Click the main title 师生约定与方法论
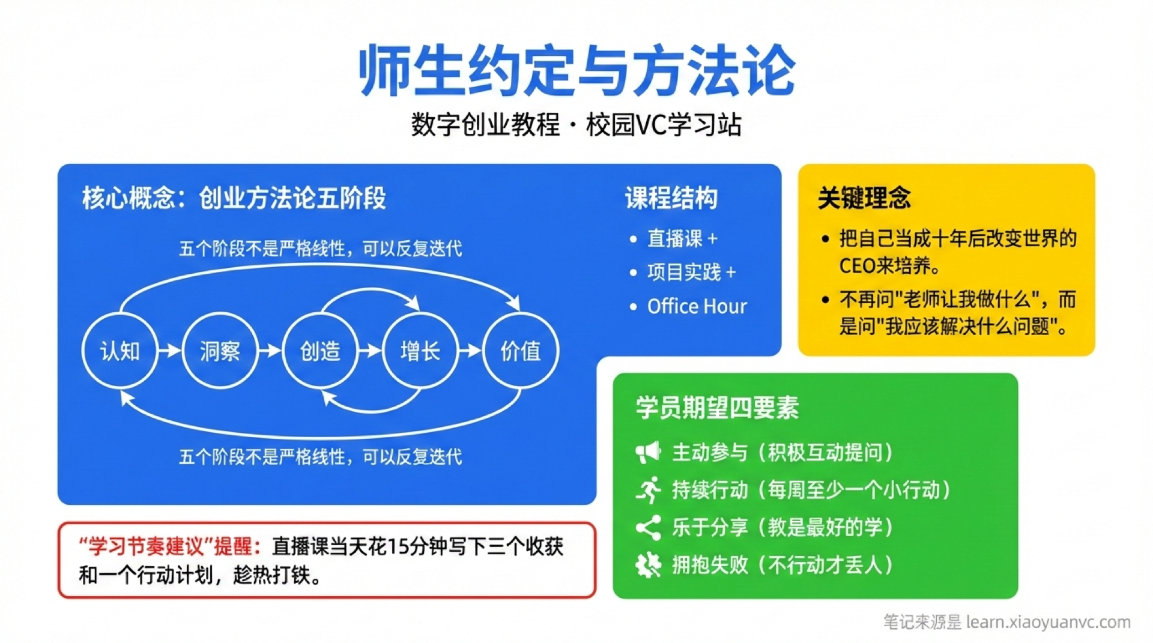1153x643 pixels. pyautogui.click(x=576, y=71)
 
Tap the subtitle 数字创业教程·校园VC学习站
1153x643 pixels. pyautogui.click(x=576, y=125)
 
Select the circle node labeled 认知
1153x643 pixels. pyautogui.click(x=120, y=351)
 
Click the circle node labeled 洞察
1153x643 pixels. pyautogui.click(x=220, y=351)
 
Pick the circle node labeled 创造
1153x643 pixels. pyautogui.click(x=320, y=351)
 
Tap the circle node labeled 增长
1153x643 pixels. pyautogui.click(x=420, y=351)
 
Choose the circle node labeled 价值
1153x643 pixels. pyautogui.click(x=521, y=351)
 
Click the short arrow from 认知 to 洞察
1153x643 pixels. pyautogui.click(x=170, y=351)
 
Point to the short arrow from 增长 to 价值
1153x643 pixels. pyautogui.click(x=471, y=351)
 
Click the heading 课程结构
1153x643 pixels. pyautogui.click(x=671, y=198)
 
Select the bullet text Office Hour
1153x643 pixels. pyautogui.click(x=697, y=306)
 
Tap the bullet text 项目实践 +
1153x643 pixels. pyautogui.click(x=691, y=273)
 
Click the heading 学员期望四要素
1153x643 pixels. pyautogui.click(x=717, y=408)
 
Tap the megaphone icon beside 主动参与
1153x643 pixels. pyautogui.click(x=648, y=452)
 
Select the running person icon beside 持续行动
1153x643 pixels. pyautogui.click(x=649, y=490)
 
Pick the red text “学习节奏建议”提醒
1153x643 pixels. pyautogui.click(x=171, y=547)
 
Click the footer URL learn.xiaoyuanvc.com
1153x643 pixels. pyautogui.click(x=1048, y=622)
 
